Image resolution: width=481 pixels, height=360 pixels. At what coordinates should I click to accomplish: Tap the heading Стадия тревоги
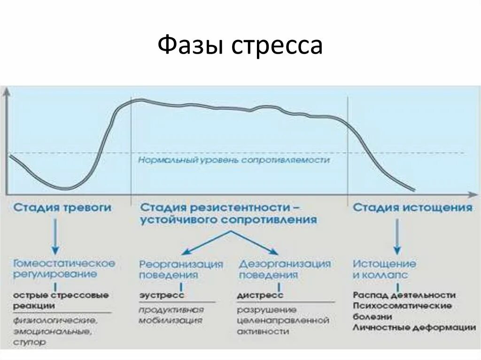click(x=62, y=207)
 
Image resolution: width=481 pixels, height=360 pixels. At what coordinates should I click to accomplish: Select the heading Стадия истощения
click(x=412, y=207)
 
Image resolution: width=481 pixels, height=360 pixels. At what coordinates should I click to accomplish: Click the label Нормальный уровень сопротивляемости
click(x=234, y=160)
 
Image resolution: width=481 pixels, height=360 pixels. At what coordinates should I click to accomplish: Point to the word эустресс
click(x=162, y=295)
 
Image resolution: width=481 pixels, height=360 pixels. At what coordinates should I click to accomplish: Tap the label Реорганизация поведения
click(x=180, y=269)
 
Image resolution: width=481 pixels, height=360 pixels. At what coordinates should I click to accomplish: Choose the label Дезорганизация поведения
click(x=284, y=269)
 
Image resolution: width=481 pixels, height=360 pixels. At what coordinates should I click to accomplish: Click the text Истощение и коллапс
click(x=384, y=269)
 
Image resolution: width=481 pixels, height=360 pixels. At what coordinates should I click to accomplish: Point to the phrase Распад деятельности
click(x=404, y=295)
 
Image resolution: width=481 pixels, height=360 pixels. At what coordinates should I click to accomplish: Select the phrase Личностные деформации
click(x=413, y=327)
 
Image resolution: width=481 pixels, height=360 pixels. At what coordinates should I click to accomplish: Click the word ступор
click(x=30, y=343)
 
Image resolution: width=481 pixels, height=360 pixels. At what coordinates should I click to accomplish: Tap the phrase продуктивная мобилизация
click(x=171, y=315)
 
